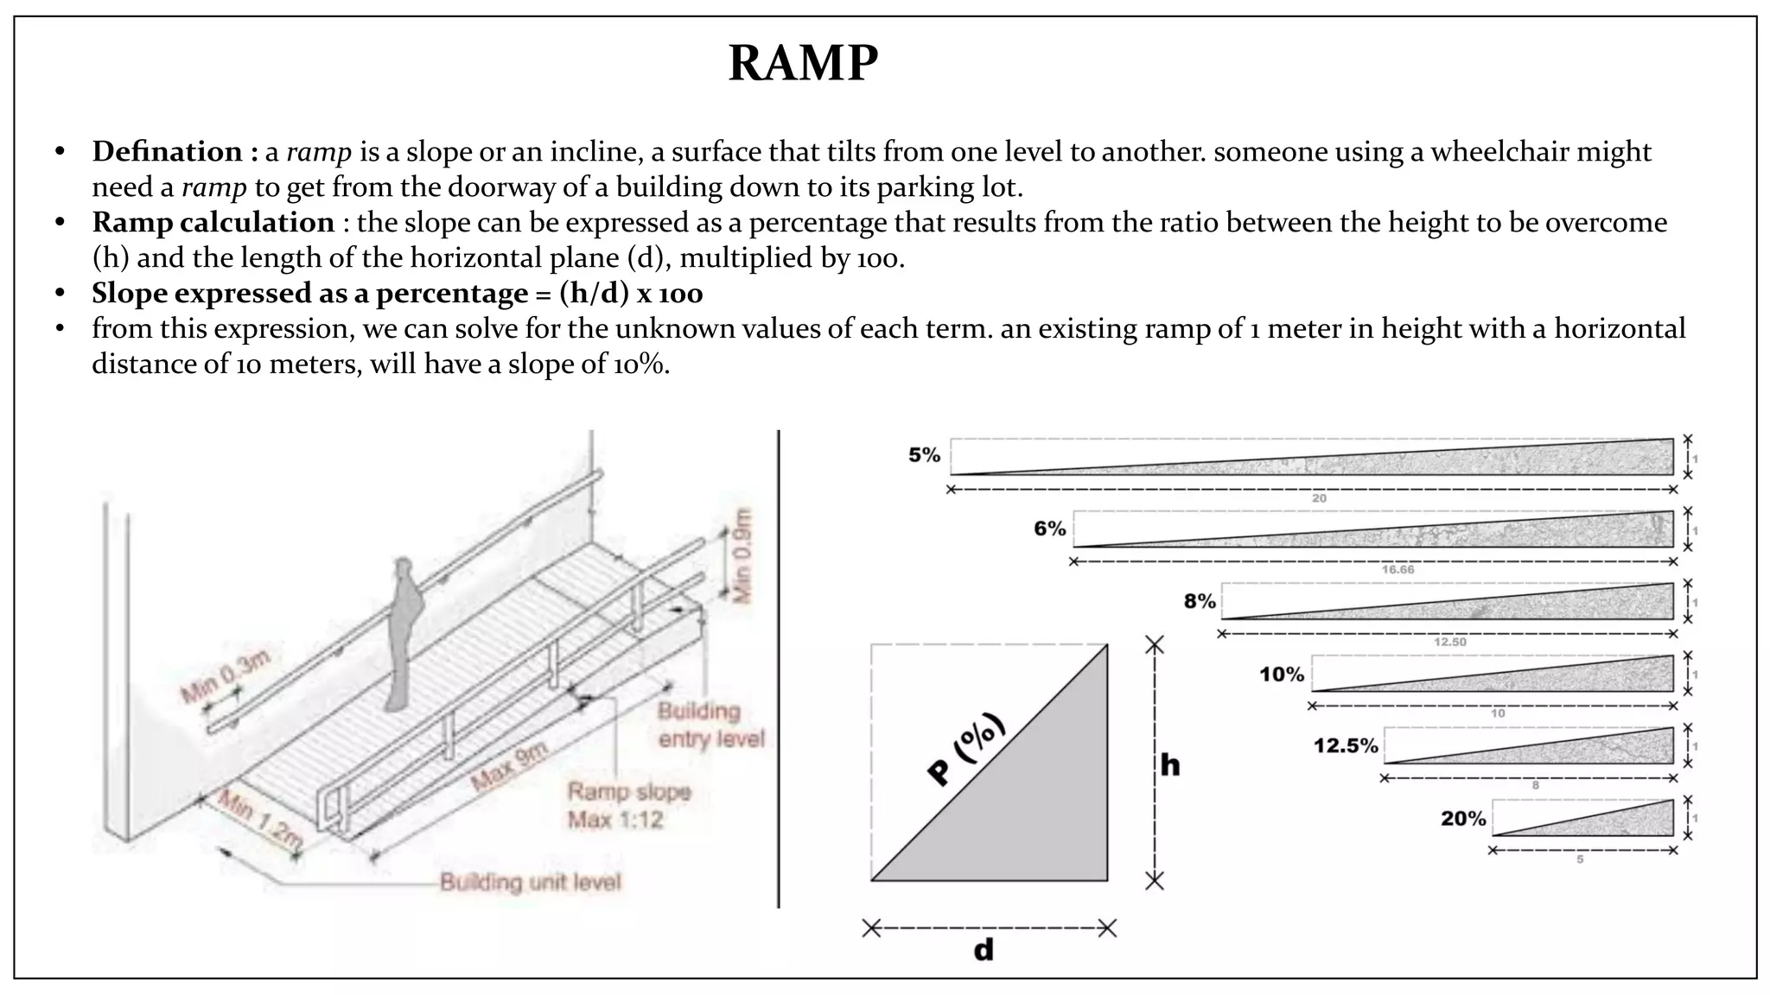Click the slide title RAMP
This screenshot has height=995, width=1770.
pyautogui.click(x=803, y=63)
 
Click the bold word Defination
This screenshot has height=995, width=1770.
pyautogui.click(x=167, y=152)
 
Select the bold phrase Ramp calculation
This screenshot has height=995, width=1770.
pyautogui.click(x=213, y=223)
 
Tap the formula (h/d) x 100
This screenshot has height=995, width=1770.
pyautogui.click(x=631, y=294)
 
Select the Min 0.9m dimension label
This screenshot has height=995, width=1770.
pyautogui.click(x=742, y=555)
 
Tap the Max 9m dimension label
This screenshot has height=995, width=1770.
pyautogui.click(x=509, y=766)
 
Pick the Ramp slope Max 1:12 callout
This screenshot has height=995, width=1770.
pyautogui.click(x=628, y=805)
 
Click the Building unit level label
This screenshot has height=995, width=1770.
pyautogui.click(x=530, y=883)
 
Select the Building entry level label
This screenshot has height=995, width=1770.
pyautogui.click(x=710, y=725)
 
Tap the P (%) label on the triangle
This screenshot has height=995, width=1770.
pyautogui.click(x=967, y=750)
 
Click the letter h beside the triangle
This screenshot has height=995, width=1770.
pyautogui.click(x=1169, y=764)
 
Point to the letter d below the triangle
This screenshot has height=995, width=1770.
pyautogui.click(x=984, y=951)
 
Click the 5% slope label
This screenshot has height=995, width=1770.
pyautogui.click(x=924, y=455)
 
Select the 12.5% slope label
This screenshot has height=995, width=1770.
pyautogui.click(x=1346, y=745)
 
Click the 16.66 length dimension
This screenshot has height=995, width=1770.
pyautogui.click(x=1398, y=570)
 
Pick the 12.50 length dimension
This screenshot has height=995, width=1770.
pyautogui.click(x=1449, y=642)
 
